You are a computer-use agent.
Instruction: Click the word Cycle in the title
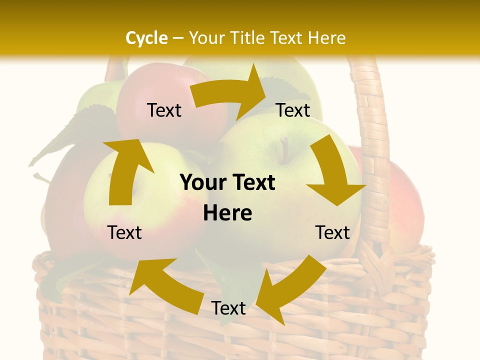tap(146, 38)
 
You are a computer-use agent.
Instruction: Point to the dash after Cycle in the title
tap(178, 38)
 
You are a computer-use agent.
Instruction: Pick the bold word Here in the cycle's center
tap(227, 213)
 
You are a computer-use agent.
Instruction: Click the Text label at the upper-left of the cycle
tap(164, 110)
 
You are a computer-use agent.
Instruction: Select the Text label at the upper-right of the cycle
tap(293, 110)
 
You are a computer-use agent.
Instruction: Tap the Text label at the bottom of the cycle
tap(228, 308)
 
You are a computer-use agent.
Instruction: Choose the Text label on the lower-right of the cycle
tap(332, 232)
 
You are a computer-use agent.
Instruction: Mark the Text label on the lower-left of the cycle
tap(124, 232)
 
